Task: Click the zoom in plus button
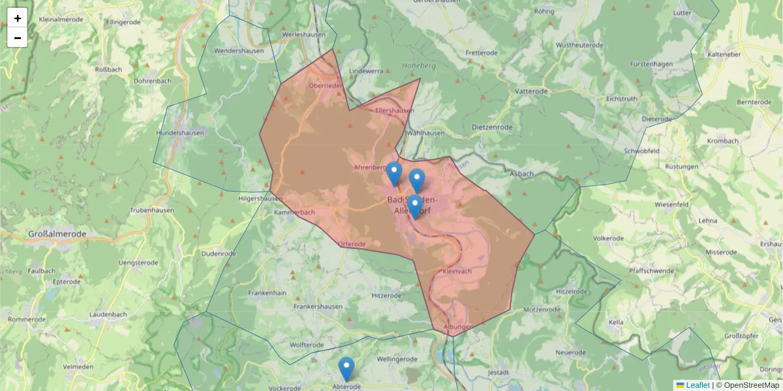coord(18,18)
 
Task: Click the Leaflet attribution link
coord(698,385)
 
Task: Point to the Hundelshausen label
coord(180,133)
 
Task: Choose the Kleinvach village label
coord(457,271)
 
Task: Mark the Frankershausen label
coord(318,306)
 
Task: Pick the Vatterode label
coord(531,92)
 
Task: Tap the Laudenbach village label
coord(108,315)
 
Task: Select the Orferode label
coord(352,244)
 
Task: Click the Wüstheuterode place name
coord(579,46)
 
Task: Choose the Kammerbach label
coord(294,213)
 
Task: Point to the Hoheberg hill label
coord(419,66)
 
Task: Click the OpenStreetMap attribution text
coord(751,385)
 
